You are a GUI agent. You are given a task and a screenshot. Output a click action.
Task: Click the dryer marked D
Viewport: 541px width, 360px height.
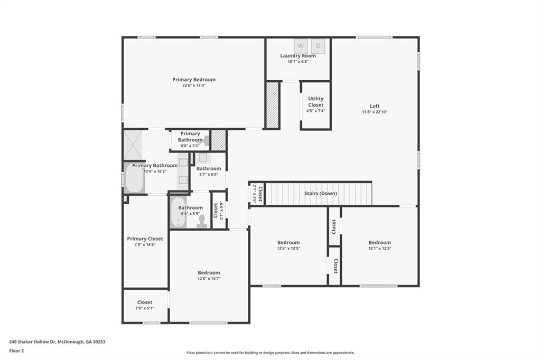[x=318, y=45]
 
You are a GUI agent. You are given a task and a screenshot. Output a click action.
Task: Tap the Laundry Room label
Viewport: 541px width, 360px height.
[x=298, y=56]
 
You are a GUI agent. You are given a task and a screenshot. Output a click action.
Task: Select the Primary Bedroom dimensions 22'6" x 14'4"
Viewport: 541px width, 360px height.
[x=193, y=86]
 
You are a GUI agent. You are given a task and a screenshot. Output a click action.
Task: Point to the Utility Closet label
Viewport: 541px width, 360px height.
[x=315, y=102]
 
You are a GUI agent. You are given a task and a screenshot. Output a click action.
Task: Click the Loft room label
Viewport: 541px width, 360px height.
[x=374, y=106]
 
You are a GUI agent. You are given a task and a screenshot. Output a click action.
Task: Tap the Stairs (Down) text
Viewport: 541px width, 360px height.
[x=320, y=193]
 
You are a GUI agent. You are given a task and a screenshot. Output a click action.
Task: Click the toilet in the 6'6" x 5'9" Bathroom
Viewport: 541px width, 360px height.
[x=201, y=221]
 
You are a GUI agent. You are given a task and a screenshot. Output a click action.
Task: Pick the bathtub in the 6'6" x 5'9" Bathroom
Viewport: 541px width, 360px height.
[x=178, y=213]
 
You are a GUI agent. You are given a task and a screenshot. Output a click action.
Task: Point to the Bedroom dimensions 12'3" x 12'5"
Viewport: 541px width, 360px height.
[x=288, y=249]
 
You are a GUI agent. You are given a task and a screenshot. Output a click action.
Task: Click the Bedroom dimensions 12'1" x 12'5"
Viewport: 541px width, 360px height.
[x=379, y=249]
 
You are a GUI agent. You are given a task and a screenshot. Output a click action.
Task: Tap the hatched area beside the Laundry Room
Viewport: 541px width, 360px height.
[x=272, y=105]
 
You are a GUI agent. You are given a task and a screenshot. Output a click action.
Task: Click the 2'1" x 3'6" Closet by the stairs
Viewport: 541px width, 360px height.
[x=256, y=194]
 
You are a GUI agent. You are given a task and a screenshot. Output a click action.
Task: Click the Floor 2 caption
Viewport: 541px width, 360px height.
[x=16, y=350]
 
